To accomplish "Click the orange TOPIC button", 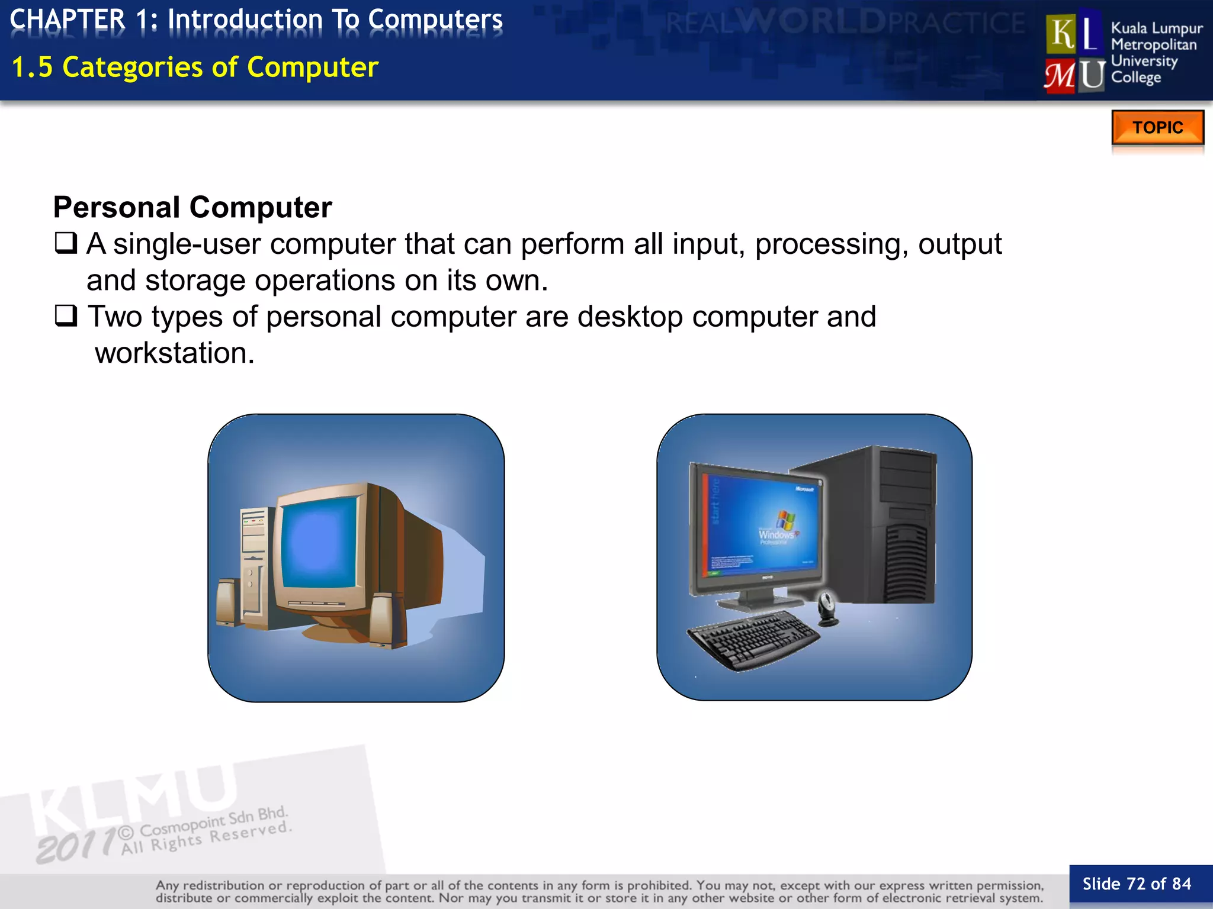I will tap(1157, 127).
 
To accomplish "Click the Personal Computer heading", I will tap(192, 207).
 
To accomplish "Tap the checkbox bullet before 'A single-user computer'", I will tap(66, 243).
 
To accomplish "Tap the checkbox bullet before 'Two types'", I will tap(66, 315).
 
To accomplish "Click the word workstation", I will tap(175, 353).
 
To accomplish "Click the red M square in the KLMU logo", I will tap(1060, 76).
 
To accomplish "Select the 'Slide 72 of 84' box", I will tap(1137, 884).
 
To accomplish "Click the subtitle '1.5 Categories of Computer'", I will tap(195, 67).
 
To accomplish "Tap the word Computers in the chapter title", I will tap(435, 19).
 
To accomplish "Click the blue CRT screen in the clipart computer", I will tap(318, 544).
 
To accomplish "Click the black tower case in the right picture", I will tap(888, 521).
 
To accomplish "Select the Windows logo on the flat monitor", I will tap(785, 520).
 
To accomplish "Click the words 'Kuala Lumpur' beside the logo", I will tap(1156, 28).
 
